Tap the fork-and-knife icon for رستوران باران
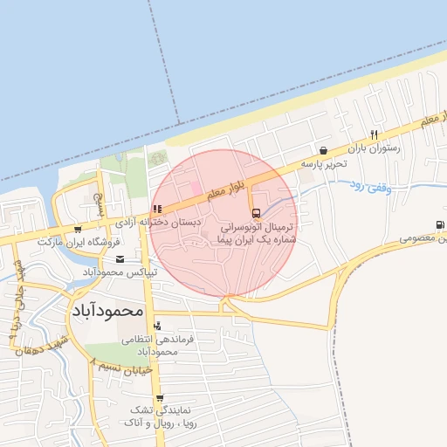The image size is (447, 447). pos(374,134)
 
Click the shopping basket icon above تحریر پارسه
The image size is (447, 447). pos(325,150)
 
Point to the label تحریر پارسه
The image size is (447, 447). pos(324,163)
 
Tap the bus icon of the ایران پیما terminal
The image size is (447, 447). pos(255,213)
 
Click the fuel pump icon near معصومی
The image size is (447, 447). pos(437,224)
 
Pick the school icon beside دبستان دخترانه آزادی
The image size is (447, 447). pos(156,210)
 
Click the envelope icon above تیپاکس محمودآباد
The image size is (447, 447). pos(120,259)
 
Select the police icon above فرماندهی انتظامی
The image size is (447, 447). pos(156,326)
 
